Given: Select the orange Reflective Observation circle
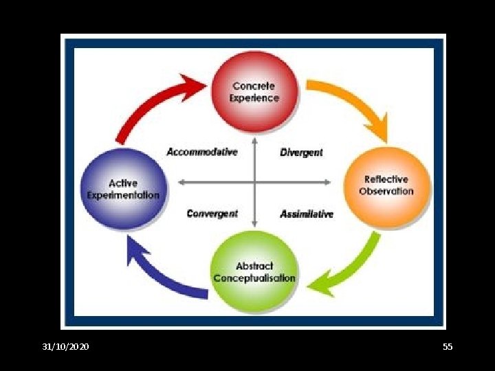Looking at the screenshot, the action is coord(386,185).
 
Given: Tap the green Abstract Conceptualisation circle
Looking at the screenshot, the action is coord(254,272).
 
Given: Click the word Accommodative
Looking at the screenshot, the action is coord(202,151).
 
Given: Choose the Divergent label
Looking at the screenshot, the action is coord(301,152).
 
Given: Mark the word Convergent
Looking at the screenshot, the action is coord(212,214).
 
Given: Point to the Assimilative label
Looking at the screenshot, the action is coord(307,214).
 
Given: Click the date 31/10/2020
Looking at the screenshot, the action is coord(65,347).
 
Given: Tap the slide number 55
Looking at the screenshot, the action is coord(448,347).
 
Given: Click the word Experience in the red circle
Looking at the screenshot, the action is coord(254,98).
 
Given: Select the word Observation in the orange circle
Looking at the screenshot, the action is coord(386,191).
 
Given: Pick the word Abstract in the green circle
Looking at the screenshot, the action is coord(254,266).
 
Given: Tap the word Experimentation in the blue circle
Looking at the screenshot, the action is coord(123,194).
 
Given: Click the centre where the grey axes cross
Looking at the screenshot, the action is coord(254,182).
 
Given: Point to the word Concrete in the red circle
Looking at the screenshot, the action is coord(254,86).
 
